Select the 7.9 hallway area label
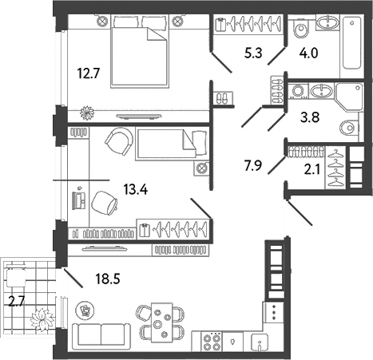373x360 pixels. click(254, 166)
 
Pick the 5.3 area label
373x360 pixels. click(253, 54)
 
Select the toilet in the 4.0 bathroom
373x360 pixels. click(301, 31)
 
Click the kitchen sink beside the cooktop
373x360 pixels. click(261, 342)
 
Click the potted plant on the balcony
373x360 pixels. click(41, 318)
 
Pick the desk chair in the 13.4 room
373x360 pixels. click(104, 202)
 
